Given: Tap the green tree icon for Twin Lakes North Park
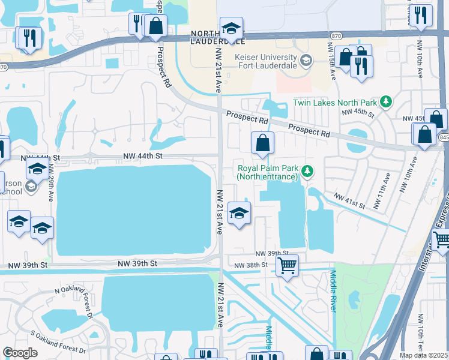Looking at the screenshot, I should (x=387, y=101).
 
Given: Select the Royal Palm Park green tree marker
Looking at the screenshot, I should (x=307, y=172).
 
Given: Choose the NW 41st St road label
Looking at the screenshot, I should (x=349, y=200).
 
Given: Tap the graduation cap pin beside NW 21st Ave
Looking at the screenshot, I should (x=239, y=213).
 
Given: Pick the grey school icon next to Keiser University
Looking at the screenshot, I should (x=306, y=59).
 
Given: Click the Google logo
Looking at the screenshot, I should (x=20, y=353).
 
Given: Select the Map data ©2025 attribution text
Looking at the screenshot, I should (x=424, y=355).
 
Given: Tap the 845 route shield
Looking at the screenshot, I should (x=443, y=137).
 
